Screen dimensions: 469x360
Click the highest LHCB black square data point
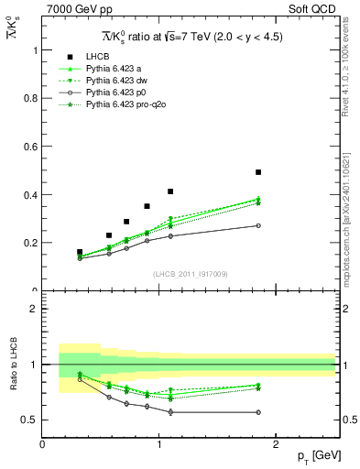(x=258, y=172)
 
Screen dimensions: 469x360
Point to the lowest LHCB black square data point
(x=80, y=252)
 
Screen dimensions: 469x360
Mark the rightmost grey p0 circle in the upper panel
(x=258, y=225)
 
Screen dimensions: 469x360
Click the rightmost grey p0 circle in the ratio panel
(x=258, y=411)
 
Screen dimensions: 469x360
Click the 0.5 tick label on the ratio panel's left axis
(x=30, y=420)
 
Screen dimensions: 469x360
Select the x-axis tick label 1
(x=159, y=444)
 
